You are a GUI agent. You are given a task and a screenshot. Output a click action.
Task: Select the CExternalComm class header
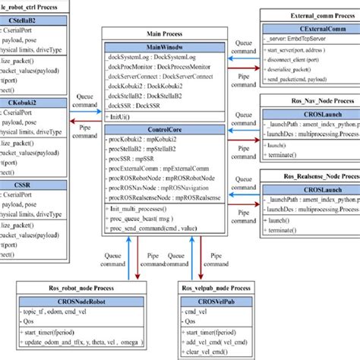307,27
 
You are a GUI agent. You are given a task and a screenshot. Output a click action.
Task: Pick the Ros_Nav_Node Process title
307,99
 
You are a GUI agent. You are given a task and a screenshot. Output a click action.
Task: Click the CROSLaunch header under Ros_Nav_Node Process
307,112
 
